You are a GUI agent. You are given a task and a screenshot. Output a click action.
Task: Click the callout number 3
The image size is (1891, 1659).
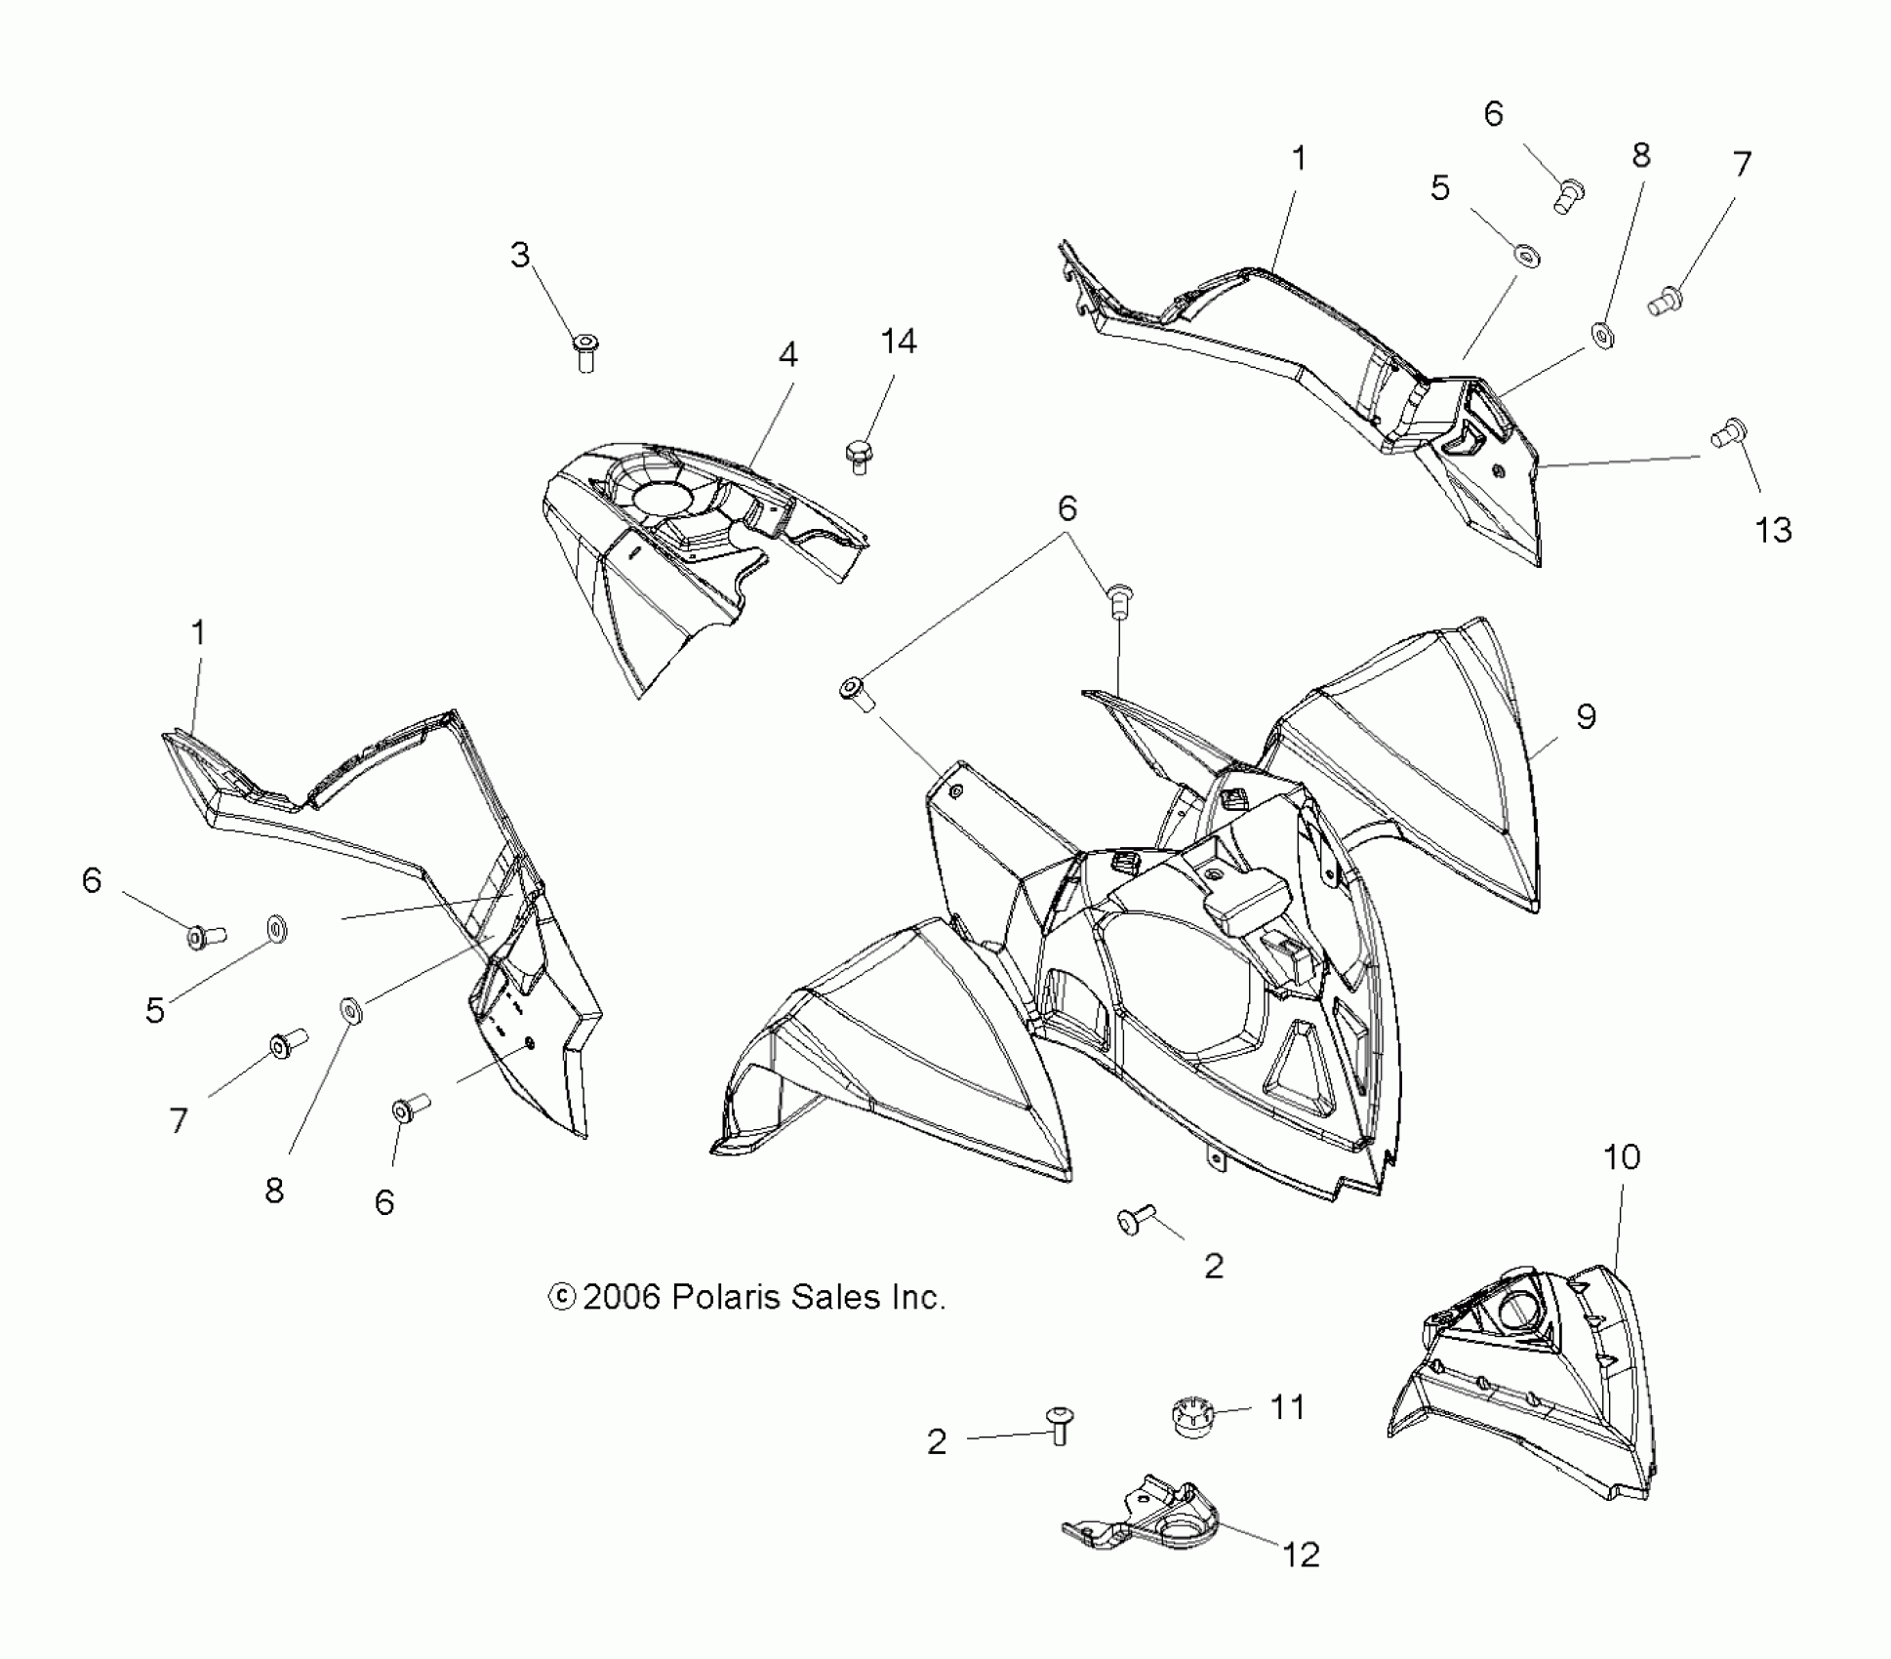pyautogui.click(x=520, y=255)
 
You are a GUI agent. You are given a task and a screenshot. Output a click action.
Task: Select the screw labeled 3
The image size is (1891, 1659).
pyautogui.click(x=585, y=351)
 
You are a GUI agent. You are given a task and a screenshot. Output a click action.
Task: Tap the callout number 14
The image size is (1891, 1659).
pyautogui.click(x=898, y=342)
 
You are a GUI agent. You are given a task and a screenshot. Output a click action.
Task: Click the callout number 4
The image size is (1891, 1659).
pyautogui.click(x=787, y=354)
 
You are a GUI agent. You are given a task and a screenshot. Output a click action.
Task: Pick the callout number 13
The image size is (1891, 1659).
pyautogui.click(x=1773, y=530)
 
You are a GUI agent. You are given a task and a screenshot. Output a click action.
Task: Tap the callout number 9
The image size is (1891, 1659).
pyautogui.click(x=1586, y=717)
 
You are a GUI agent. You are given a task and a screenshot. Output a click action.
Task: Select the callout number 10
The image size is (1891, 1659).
pyautogui.click(x=1622, y=1157)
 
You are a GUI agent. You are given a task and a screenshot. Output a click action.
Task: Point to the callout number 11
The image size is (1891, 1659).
pyautogui.click(x=1287, y=1407)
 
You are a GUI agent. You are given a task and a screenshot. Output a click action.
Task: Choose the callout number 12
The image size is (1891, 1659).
pyautogui.click(x=1300, y=1555)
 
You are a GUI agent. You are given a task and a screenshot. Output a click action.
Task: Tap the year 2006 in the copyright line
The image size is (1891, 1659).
pyautogui.click(x=623, y=1298)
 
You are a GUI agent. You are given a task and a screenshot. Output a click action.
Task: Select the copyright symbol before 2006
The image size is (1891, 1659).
pyautogui.click(x=562, y=1297)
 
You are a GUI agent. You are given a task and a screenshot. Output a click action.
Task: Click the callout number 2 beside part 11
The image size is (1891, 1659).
pyautogui.click(x=937, y=1442)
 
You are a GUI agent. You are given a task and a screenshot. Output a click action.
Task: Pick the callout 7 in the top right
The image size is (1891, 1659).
pyautogui.click(x=1742, y=163)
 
